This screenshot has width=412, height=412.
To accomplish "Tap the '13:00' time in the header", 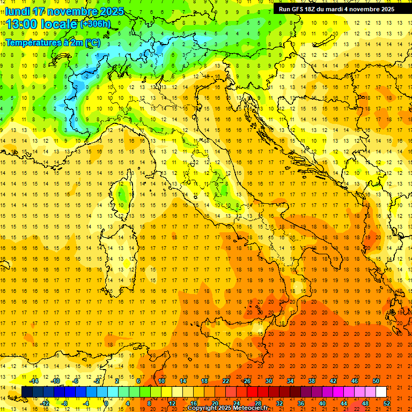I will click(x=21, y=24).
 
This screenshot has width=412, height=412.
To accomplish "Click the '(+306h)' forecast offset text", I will click(x=95, y=24).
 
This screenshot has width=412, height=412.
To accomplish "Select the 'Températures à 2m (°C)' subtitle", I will click(x=53, y=42).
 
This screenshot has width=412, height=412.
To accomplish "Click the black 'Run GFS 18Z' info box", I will click(x=336, y=9).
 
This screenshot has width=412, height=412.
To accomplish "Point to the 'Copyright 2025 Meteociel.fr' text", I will click(x=227, y=408).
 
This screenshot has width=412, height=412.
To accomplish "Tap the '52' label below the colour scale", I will click(x=387, y=403).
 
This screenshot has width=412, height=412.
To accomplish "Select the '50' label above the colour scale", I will click(x=376, y=381).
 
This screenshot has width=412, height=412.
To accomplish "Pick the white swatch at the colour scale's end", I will click(x=381, y=392).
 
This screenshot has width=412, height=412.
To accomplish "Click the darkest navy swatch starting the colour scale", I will click(x=27, y=392).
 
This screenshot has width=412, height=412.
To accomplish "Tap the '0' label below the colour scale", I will click(x=106, y=403).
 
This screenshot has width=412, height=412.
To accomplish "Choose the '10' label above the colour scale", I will click(x=161, y=381).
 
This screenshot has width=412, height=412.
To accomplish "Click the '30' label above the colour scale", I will click(x=269, y=381).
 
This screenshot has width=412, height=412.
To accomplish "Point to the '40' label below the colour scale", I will click(x=322, y=403).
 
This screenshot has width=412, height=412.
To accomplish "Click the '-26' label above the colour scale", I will click(x=246, y=381).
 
